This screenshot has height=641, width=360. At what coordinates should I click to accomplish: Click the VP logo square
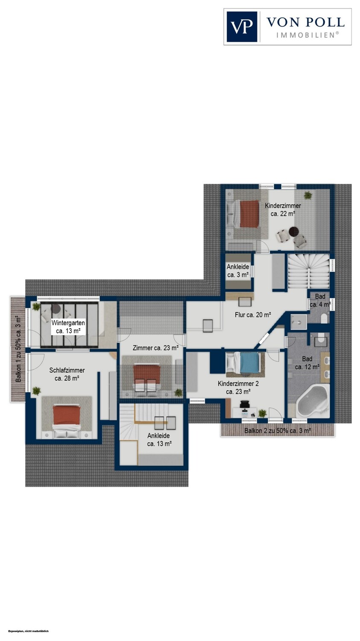tap(242, 26)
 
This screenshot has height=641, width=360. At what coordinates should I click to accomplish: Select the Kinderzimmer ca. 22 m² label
tap(283, 209)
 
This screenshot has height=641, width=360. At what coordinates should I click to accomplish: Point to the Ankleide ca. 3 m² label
tap(237, 271)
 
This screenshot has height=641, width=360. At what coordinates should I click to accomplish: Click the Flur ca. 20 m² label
tap(253, 315)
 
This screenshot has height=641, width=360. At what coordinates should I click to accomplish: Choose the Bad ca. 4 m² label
tap(320, 300)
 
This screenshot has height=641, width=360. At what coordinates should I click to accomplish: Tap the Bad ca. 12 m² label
tap(307, 362)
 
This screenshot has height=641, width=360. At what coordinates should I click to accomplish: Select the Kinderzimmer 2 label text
tap(238, 383)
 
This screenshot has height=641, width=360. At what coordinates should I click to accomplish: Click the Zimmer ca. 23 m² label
tap(155, 348)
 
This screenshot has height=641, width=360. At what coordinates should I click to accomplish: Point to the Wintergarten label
tap(68, 323)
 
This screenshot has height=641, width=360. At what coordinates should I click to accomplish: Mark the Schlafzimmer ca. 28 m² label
tap(67, 374)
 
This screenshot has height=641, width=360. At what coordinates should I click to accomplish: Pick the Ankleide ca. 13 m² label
tap(159, 440)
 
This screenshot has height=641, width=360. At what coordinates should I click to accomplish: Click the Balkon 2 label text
tap(277, 431)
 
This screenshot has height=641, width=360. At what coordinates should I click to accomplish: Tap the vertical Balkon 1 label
tap(18, 349)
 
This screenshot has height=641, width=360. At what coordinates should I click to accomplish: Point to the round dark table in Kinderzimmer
tap(294, 231)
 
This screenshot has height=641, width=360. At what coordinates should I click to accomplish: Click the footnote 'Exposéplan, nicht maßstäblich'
tap(28, 631)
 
